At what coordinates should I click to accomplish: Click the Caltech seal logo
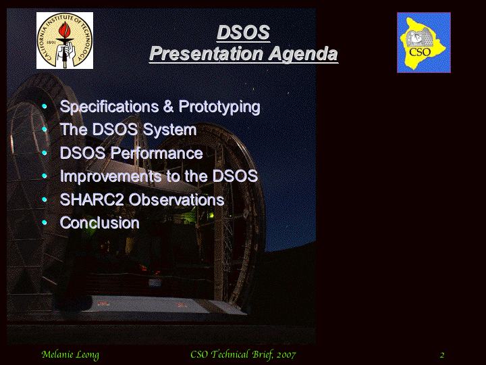[x=65, y=41]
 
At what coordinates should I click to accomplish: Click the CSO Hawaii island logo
[x=424, y=43]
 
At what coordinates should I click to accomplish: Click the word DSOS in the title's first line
[x=243, y=32]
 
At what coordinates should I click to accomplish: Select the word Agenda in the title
[x=303, y=53]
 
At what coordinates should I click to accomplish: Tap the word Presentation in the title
[x=206, y=53]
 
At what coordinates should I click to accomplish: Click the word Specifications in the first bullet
[x=109, y=107]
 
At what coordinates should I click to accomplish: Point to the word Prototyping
[x=219, y=107]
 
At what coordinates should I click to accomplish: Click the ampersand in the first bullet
[x=168, y=107]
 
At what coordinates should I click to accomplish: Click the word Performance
[x=157, y=153]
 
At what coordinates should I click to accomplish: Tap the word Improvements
[x=111, y=176]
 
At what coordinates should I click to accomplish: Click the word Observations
[x=176, y=199]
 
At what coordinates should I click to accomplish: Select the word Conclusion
[x=99, y=223]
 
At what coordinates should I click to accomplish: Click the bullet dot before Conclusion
[x=45, y=222]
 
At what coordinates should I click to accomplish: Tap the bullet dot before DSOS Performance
[x=45, y=153]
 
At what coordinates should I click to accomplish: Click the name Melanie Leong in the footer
[x=70, y=355]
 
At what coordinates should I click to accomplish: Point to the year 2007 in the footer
[x=286, y=354]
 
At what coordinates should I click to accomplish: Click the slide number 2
[x=442, y=355]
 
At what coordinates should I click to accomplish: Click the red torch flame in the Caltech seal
[x=65, y=30]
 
